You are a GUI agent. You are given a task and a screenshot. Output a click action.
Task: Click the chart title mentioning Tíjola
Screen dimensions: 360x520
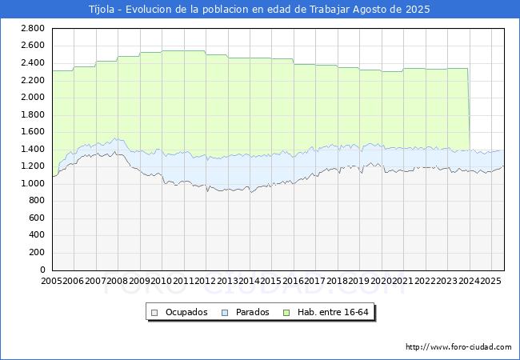tap(259, 10)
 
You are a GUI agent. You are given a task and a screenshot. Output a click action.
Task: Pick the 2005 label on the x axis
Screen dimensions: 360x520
tap(52, 282)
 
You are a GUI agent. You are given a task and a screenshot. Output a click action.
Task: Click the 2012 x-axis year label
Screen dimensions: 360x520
tap(206, 282)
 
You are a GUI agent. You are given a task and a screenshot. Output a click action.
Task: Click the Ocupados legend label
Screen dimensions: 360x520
tap(186, 312)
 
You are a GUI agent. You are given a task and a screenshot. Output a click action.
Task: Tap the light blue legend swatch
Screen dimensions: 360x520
tap(225, 312)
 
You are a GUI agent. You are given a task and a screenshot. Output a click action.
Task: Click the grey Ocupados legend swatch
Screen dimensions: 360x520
tap(155, 312)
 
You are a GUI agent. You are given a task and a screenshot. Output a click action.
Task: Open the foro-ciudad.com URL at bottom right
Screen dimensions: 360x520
tap(458, 347)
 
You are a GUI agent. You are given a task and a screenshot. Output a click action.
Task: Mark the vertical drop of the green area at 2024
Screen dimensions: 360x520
tap(469, 112)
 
